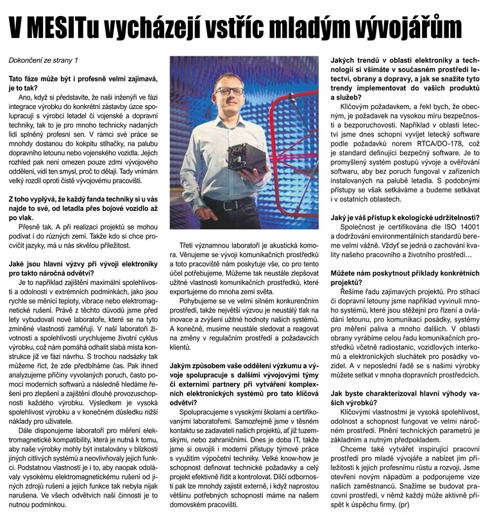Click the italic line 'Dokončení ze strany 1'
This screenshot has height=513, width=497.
43,60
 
